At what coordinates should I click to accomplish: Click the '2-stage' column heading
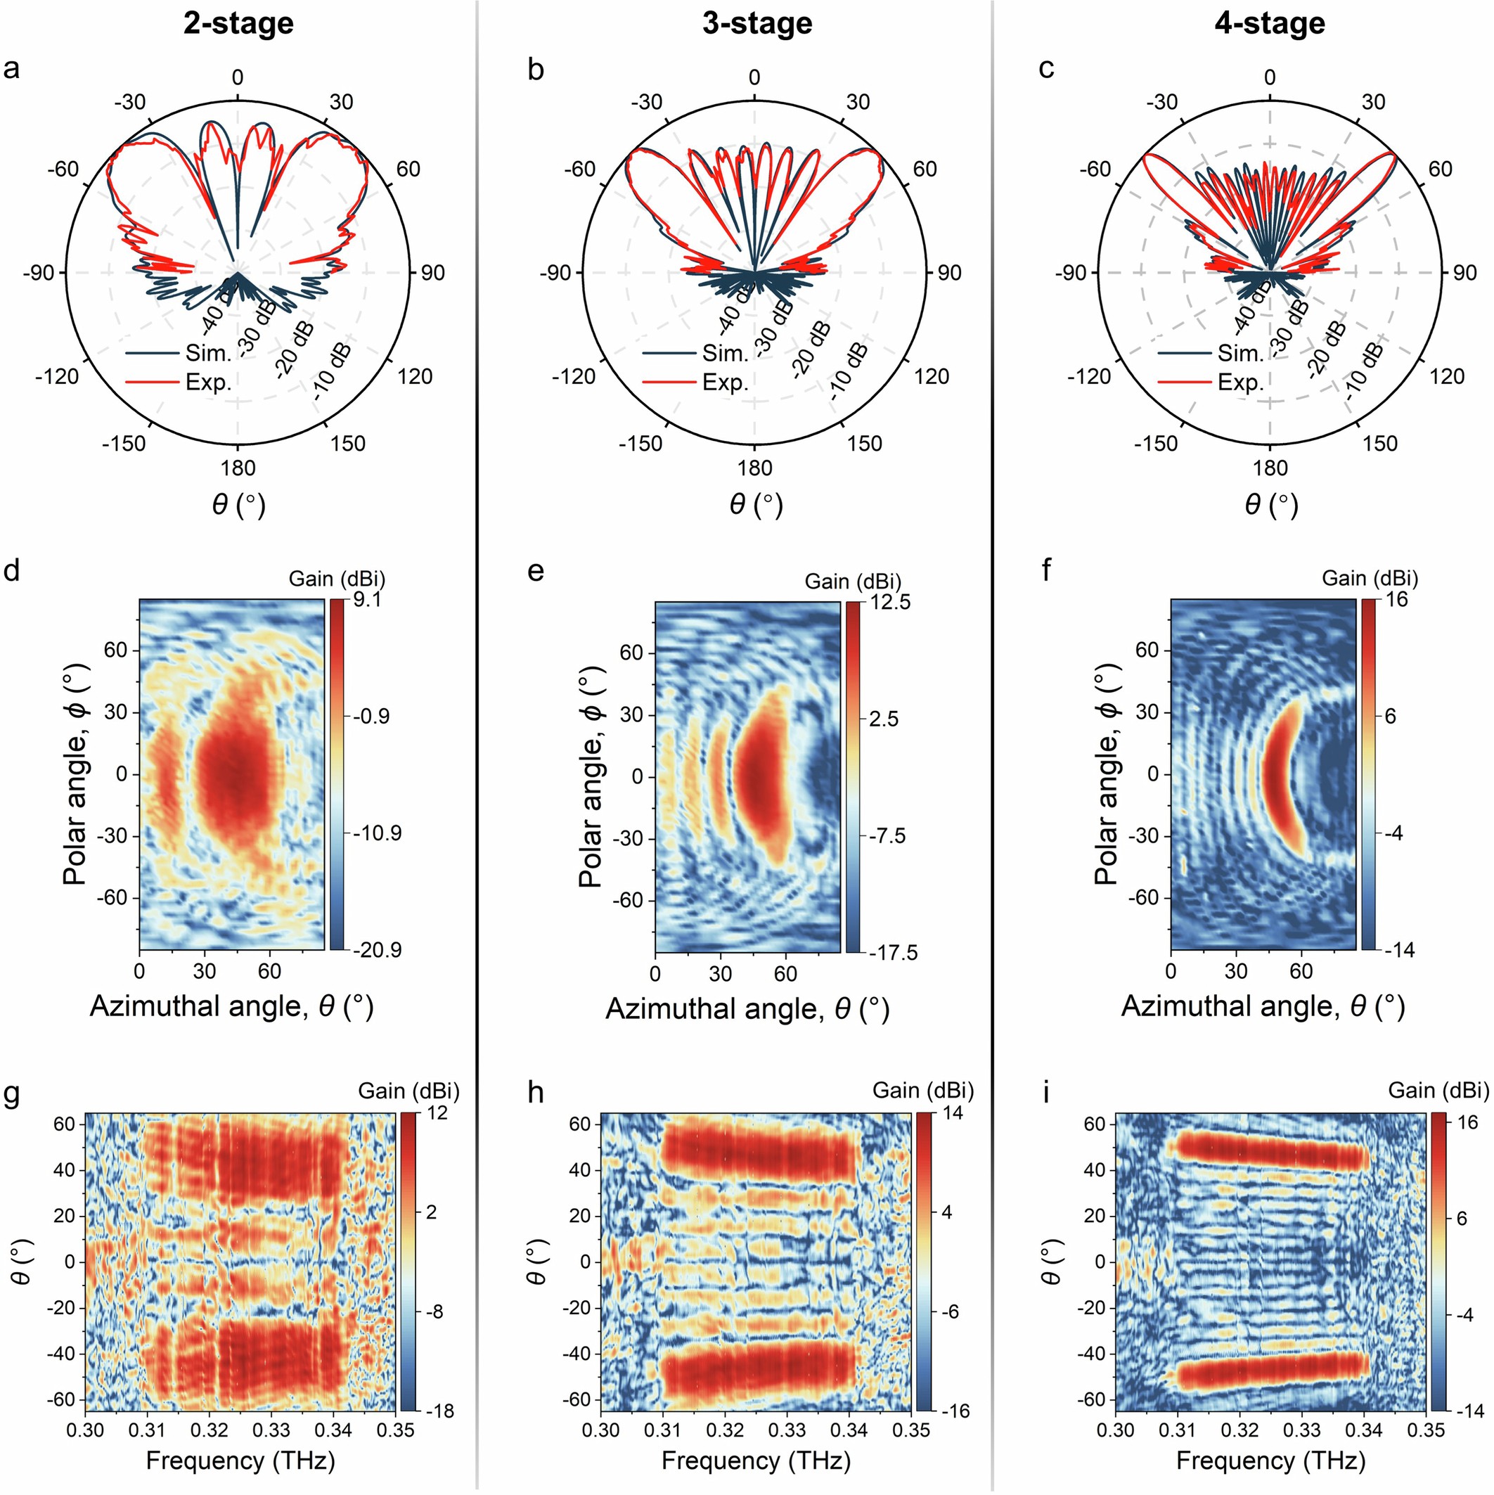coord(238,24)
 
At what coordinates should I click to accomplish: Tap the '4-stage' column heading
coord(1270,24)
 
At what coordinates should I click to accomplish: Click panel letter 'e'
coord(536,572)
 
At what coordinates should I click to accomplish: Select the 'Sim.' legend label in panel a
coord(208,354)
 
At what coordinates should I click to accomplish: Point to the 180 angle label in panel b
coord(754,468)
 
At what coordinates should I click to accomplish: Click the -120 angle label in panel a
coord(57,377)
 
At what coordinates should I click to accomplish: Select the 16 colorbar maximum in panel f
coord(1397,601)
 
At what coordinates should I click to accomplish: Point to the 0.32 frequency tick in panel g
coord(209,1428)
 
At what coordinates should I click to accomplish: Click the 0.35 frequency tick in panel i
coord(1427,1428)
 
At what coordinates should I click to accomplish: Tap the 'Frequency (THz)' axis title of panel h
coord(756,1461)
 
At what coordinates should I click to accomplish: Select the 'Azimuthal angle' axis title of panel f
coord(1263,1006)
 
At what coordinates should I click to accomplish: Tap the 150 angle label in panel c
coord(1380,444)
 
